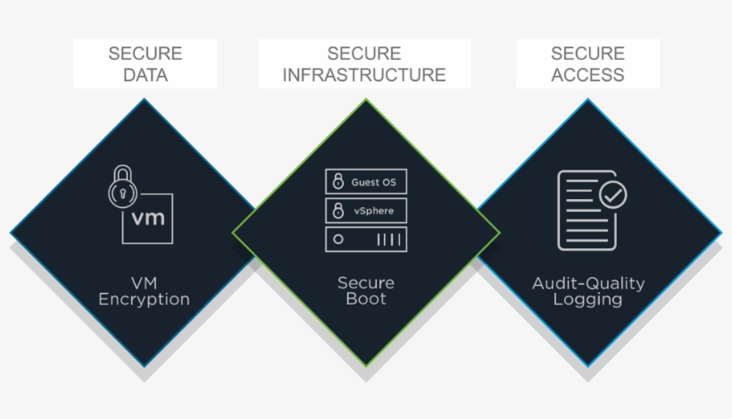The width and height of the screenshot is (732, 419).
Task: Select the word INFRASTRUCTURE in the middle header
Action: pyautogui.click(x=364, y=74)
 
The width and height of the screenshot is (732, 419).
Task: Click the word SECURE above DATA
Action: pyautogui.click(x=145, y=54)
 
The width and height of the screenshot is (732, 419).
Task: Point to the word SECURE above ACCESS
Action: pyautogui.click(x=587, y=54)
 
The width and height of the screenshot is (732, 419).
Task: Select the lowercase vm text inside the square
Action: pyautogui.click(x=148, y=217)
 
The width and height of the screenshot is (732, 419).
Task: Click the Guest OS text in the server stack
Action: pyautogui.click(x=373, y=182)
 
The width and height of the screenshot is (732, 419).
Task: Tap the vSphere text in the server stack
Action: pyautogui.click(x=372, y=211)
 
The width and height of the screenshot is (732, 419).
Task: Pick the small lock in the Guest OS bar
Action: pyautogui.click(x=337, y=182)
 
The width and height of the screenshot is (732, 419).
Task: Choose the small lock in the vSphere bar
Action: pyautogui.click(x=337, y=211)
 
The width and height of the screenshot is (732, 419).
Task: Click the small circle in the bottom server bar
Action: pyautogui.click(x=337, y=239)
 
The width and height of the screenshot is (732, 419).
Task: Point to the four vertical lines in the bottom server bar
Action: pyautogui.click(x=387, y=239)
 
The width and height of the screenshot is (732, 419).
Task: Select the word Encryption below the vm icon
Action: pyautogui.click(x=144, y=299)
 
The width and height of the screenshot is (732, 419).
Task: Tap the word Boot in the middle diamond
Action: pyautogui.click(x=366, y=299)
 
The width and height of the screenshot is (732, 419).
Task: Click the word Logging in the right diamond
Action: pyautogui.click(x=587, y=299)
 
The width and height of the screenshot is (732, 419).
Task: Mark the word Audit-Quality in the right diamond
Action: pyautogui.click(x=587, y=283)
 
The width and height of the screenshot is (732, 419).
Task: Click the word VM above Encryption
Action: pyautogui.click(x=144, y=283)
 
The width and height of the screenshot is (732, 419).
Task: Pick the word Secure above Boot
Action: pyautogui.click(x=366, y=283)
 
